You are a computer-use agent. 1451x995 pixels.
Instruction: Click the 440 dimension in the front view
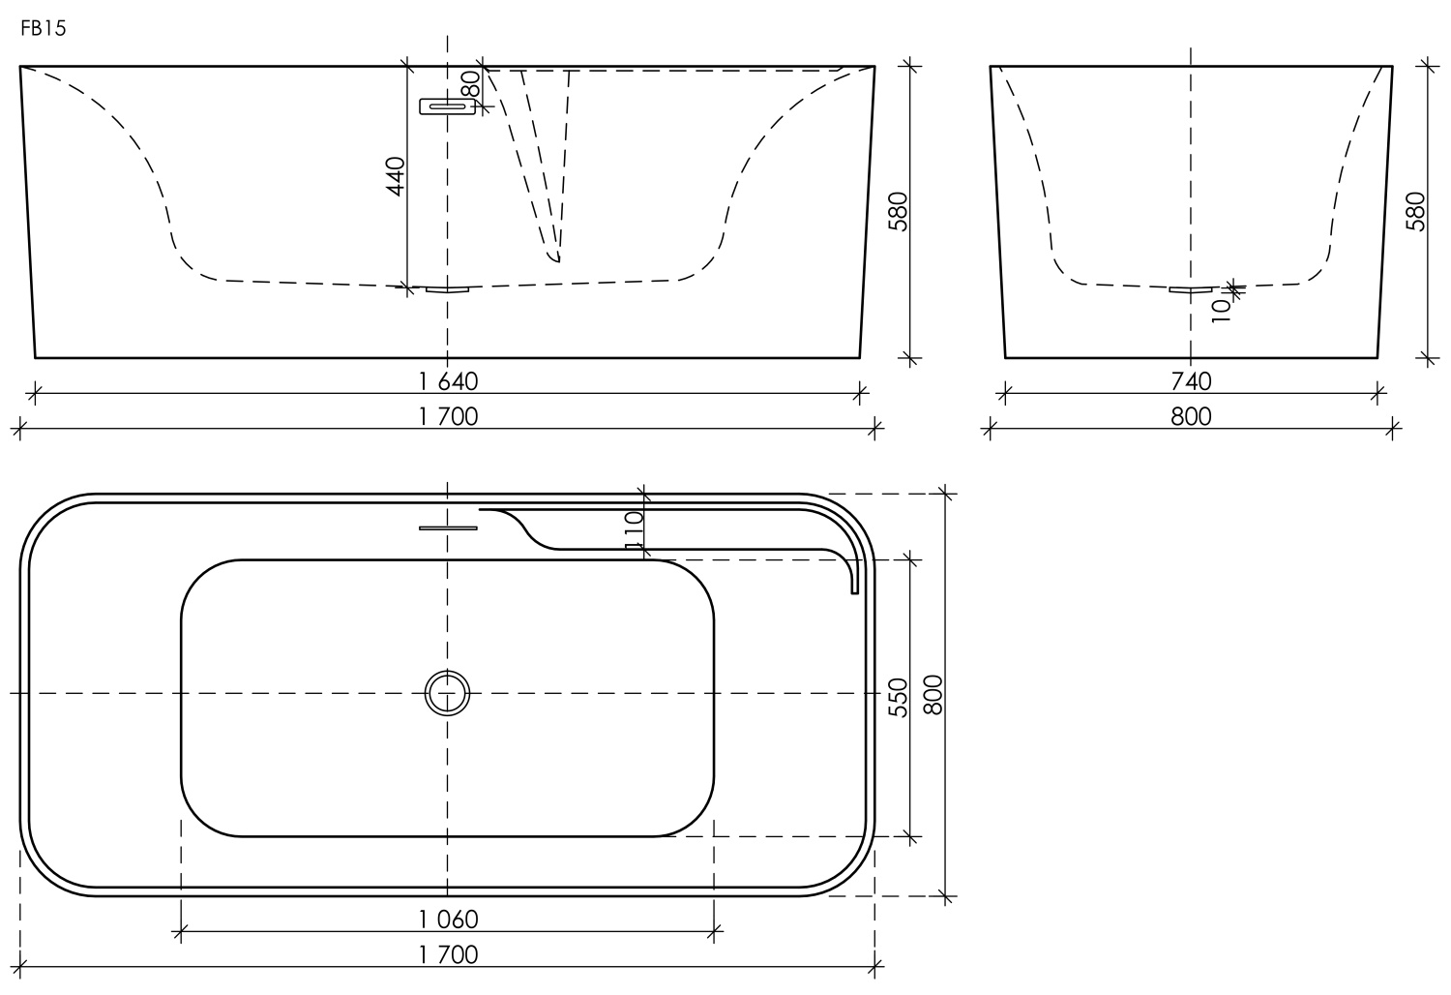coord(395,176)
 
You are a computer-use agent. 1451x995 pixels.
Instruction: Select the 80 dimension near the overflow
coord(471,83)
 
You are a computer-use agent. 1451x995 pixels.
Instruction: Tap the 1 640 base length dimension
coord(449,380)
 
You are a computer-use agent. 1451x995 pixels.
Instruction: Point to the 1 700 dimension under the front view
coord(449,416)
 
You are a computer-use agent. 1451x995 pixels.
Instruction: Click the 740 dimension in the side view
coord(1191,381)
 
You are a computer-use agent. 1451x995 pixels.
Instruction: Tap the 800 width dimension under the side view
coord(1191,416)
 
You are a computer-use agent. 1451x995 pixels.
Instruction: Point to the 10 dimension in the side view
coord(1221,308)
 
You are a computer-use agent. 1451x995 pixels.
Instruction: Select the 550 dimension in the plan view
coord(898,697)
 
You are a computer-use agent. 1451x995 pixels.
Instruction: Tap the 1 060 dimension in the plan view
coord(449,918)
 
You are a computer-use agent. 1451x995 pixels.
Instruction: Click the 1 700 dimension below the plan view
coord(449,954)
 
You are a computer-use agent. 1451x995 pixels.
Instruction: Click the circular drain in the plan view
coord(447,693)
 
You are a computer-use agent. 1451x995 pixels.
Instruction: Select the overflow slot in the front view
coord(447,106)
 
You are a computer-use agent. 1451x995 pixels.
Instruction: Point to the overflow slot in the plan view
coord(448,528)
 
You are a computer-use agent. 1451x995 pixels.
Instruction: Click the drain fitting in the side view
coord(1191,289)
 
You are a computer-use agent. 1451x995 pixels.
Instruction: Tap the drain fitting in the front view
coord(447,288)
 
